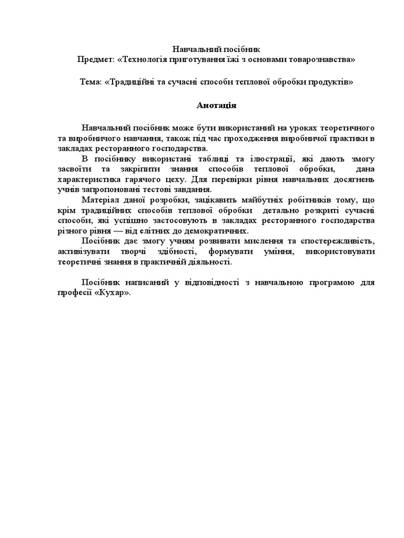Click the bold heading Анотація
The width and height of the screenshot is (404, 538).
click(x=217, y=106)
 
